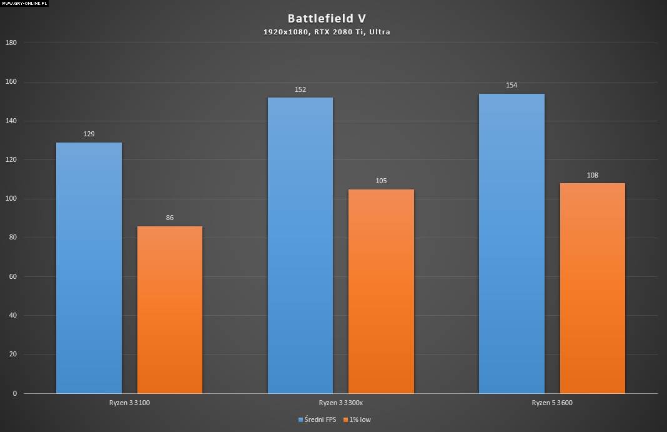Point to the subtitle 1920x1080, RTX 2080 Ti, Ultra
pyautogui.click(x=327, y=32)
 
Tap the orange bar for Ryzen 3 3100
pyautogui.click(x=170, y=309)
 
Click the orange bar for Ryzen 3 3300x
pyautogui.click(x=381, y=291)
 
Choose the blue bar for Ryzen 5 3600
pyautogui.click(x=511, y=243)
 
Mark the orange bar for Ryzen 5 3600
pyautogui.click(x=592, y=288)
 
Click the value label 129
pyautogui.click(x=89, y=134)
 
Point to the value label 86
pyautogui.click(x=170, y=218)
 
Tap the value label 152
pyautogui.click(x=300, y=89)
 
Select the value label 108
pyautogui.click(x=592, y=175)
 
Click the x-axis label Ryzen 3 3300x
pyautogui.click(x=341, y=403)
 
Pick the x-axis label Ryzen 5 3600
pyautogui.click(x=552, y=403)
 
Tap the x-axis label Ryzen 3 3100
pyautogui.click(x=129, y=403)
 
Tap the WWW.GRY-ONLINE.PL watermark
pyautogui.click(x=25, y=3)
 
